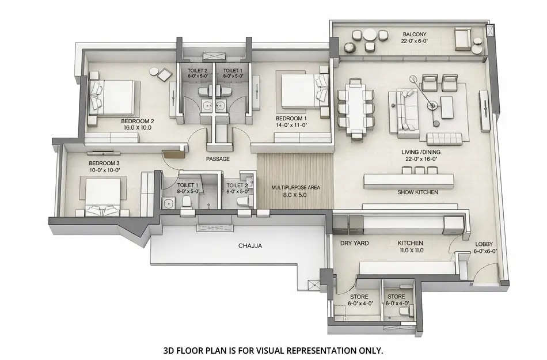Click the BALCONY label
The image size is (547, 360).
click(414, 34)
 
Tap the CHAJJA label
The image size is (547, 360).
click(250, 245)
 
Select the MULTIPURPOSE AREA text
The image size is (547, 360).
click(295, 188)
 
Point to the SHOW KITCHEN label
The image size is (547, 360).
click(418, 192)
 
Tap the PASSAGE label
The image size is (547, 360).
click(218, 158)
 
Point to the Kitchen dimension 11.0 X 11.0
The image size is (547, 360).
click(411, 251)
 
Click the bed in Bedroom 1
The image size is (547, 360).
click(299, 90)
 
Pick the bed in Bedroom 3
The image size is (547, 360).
click(104, 196)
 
